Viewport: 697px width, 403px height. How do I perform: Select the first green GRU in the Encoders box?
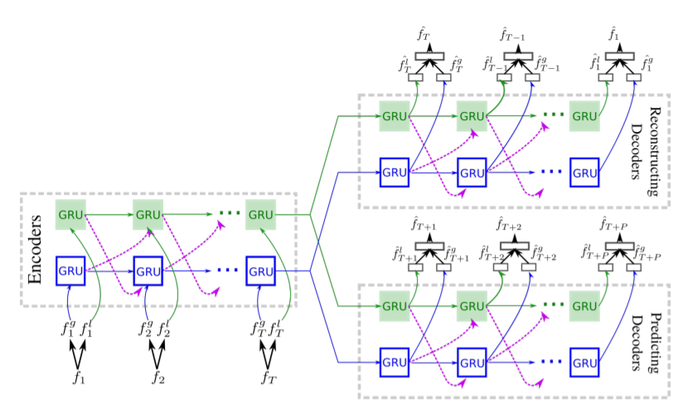pos(70,215)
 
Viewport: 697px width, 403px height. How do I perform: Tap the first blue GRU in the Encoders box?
pos(70,270)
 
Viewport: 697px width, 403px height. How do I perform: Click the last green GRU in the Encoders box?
pos(260,215)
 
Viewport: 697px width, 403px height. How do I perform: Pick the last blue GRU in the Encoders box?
pos(260,270)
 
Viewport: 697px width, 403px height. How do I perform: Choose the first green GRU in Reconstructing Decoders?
pos(394,116)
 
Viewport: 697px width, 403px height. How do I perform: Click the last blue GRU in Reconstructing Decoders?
pos(584,172)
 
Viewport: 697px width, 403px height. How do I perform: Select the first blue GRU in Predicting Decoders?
pos(394,362)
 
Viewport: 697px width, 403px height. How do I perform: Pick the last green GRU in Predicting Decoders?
pos(584,306)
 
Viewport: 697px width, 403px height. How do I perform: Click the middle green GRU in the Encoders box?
pos(148,215)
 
